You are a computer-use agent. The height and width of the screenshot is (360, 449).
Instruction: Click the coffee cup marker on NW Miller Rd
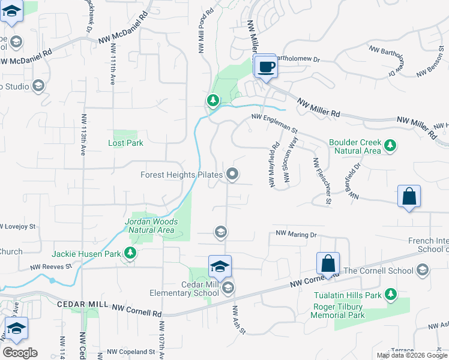[x=265, y=66]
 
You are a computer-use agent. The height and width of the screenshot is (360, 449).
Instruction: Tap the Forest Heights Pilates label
[x=182, y=175]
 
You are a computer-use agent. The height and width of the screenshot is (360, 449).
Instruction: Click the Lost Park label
[x=125, y=143]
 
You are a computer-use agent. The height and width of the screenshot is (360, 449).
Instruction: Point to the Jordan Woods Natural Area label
[x=149, y=226]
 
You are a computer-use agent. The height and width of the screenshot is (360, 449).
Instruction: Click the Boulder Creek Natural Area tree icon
[x=390, y=145]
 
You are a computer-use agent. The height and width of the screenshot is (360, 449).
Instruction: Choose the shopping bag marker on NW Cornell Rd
[x=328, y=263]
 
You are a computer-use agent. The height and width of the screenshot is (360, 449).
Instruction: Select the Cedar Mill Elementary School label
[x=184, y=289]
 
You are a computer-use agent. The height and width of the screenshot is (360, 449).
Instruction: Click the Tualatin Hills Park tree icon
[x=391, y=294]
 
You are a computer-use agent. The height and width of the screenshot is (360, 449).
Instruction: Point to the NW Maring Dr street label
[x=295, y=234]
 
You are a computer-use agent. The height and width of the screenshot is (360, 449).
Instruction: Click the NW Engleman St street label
[x=274, y=122]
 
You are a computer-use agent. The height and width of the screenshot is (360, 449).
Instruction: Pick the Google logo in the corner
[x=20, y=353]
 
